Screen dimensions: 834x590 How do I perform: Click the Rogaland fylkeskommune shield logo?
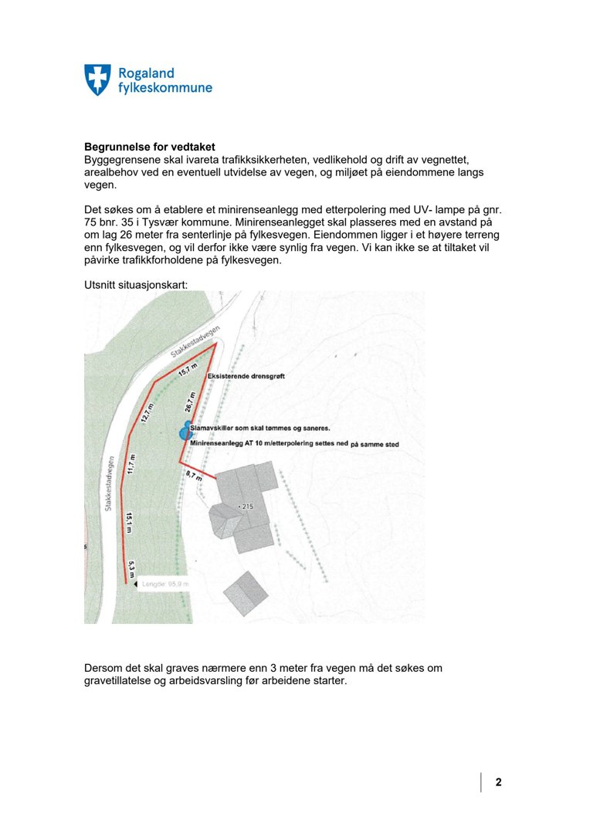click(97, 80)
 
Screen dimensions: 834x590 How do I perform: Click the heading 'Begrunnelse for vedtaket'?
click(149, 147)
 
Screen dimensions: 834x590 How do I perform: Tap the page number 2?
click(499, 782)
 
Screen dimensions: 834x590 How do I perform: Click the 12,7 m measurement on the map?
click(146, 413)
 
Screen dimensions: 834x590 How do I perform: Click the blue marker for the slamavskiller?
click(185, 432)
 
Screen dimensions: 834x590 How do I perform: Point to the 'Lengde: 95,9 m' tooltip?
click(164, 585)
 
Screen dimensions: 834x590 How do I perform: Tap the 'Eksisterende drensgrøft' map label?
click(246, 375)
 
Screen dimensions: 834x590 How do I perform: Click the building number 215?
click(246, 507)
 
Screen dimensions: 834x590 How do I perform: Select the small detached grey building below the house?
click(246, 593)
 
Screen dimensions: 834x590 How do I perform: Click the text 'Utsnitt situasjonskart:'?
click(135, 285)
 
